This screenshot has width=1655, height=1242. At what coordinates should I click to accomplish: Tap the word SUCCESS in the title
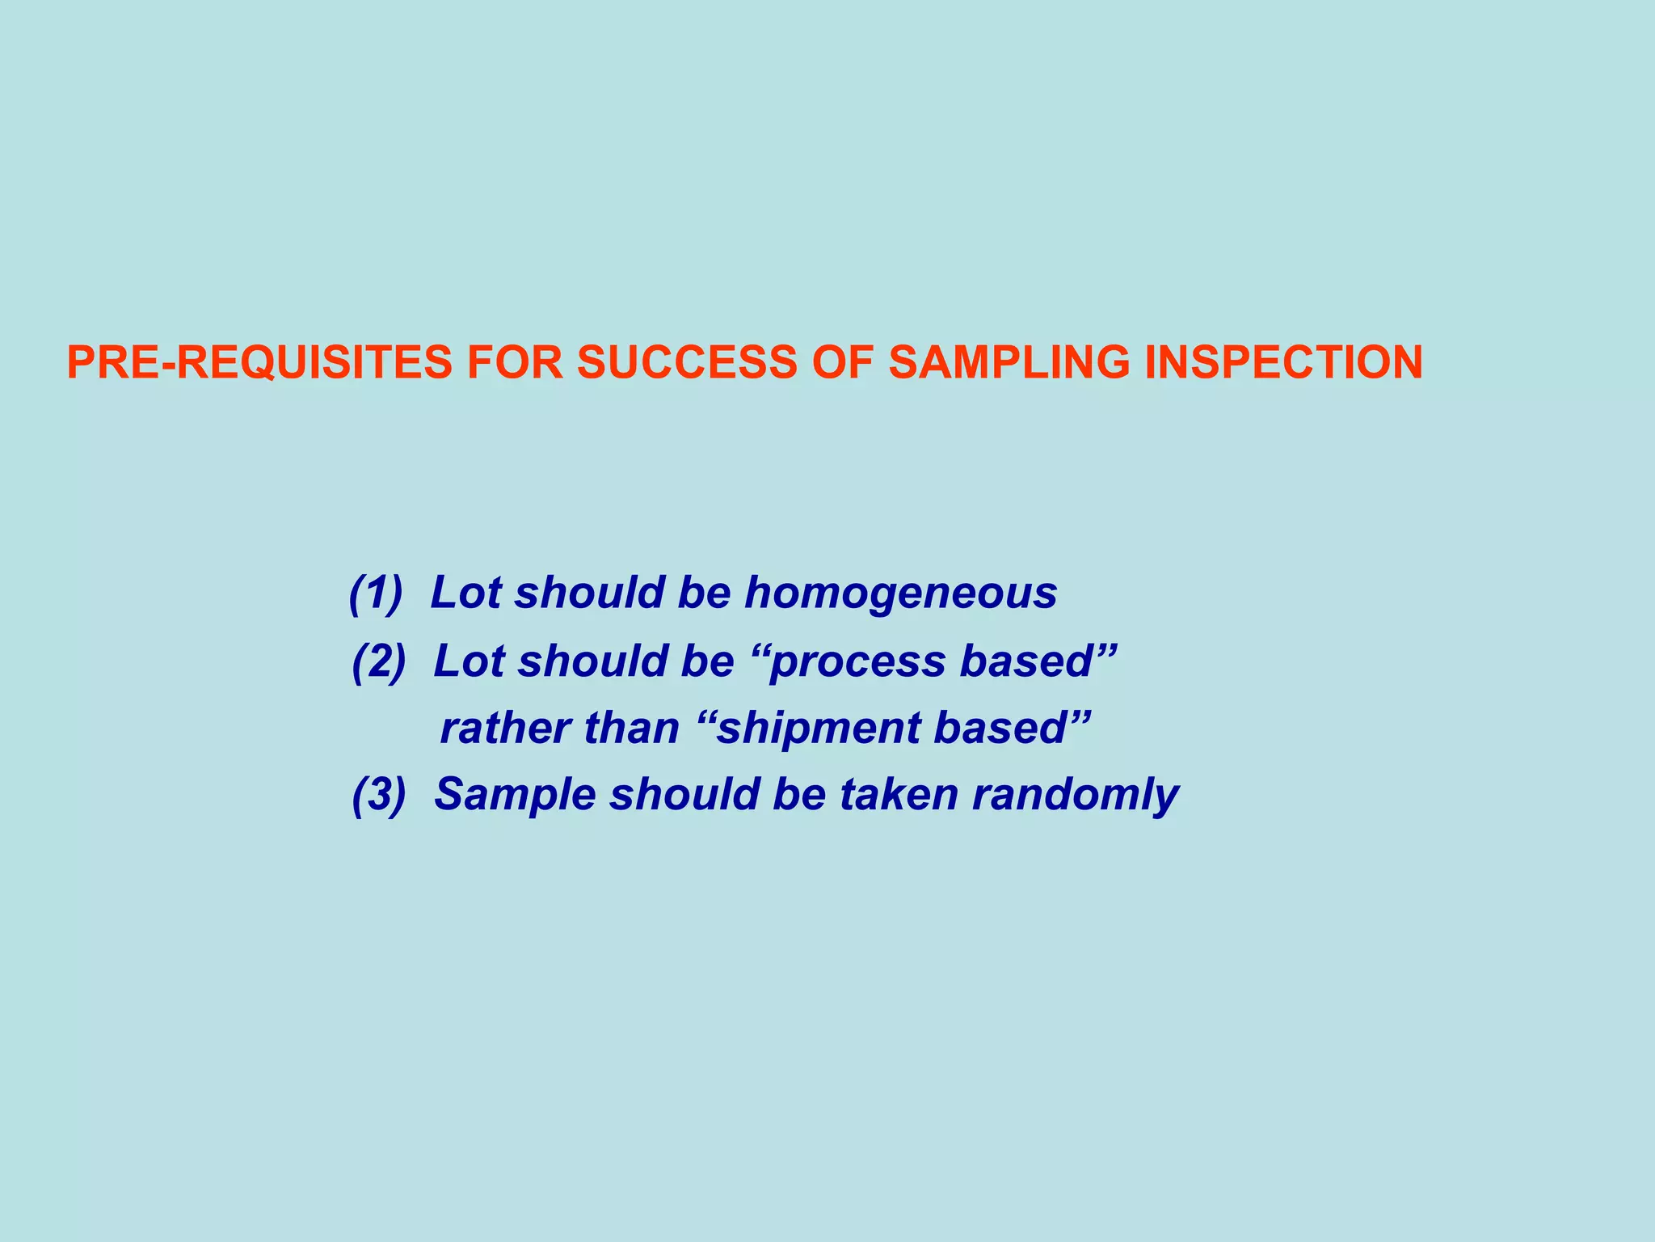coord(686,362)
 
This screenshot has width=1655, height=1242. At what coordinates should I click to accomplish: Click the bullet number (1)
coord(376,593)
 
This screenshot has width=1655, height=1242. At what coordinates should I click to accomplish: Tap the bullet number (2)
coord(379,661)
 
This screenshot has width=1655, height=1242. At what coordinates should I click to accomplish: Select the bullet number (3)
coord(379,794)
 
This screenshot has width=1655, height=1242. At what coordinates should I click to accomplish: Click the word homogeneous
coord(900,594)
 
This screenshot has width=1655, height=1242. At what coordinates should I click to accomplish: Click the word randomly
coord(1075,796)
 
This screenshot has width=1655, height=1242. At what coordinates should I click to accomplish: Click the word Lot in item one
coord(466,593)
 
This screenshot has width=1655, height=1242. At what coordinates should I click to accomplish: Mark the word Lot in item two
coord(470,661)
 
